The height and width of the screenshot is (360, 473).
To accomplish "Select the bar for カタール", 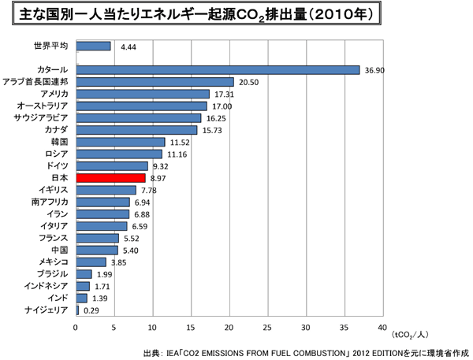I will (217, 70).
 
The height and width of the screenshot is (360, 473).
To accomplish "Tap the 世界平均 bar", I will (93, 46).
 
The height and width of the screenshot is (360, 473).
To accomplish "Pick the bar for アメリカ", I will (142, 94).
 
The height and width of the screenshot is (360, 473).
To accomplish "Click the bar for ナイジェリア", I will (77, 310).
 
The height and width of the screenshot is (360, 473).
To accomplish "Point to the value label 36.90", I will (375, 70).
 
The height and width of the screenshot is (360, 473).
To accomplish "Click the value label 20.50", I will (249, 82).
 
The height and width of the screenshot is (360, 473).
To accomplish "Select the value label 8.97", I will (160, 179).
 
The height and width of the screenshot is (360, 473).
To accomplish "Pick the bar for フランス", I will (97, 238).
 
